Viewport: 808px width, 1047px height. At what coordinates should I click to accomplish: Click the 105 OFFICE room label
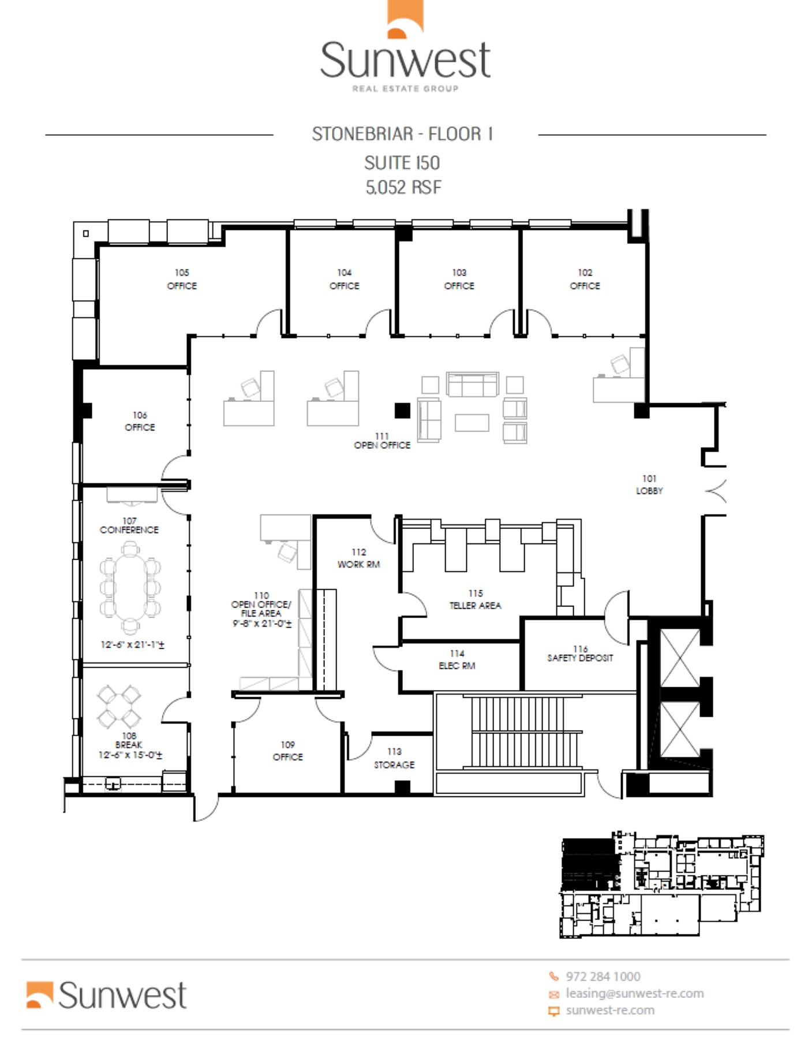[182, 279]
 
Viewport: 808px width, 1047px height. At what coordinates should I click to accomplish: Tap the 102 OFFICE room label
[585, 279]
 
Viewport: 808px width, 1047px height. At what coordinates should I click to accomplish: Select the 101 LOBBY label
[649, 485]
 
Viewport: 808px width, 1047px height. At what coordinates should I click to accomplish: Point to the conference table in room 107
[130, 587]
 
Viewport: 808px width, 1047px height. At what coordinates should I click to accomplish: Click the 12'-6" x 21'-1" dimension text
[132, 644]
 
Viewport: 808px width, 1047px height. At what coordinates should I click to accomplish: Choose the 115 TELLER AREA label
[475, 599]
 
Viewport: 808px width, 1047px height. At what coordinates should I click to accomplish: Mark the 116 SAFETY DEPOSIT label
[580, 654]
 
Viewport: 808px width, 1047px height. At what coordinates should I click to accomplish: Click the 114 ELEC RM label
[457, 660]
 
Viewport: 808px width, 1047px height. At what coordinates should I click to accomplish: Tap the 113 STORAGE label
[394, 758]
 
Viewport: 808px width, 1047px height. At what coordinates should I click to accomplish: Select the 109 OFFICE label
[287, 751]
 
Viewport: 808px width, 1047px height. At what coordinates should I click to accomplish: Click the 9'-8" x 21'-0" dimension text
[262, 624]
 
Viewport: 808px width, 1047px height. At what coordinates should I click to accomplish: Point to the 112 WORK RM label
[358, 558]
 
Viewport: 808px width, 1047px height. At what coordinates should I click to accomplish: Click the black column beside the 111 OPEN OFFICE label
[402, 411]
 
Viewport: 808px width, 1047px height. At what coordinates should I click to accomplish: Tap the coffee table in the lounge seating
[472, 423]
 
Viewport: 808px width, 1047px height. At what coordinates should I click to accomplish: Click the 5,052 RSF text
[403, 187]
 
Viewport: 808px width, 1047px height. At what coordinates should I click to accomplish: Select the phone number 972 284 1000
[603, 977]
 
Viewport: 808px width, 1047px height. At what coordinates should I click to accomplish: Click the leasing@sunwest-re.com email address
[634, 993]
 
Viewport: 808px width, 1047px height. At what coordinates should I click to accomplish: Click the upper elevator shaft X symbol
[679, 658]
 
